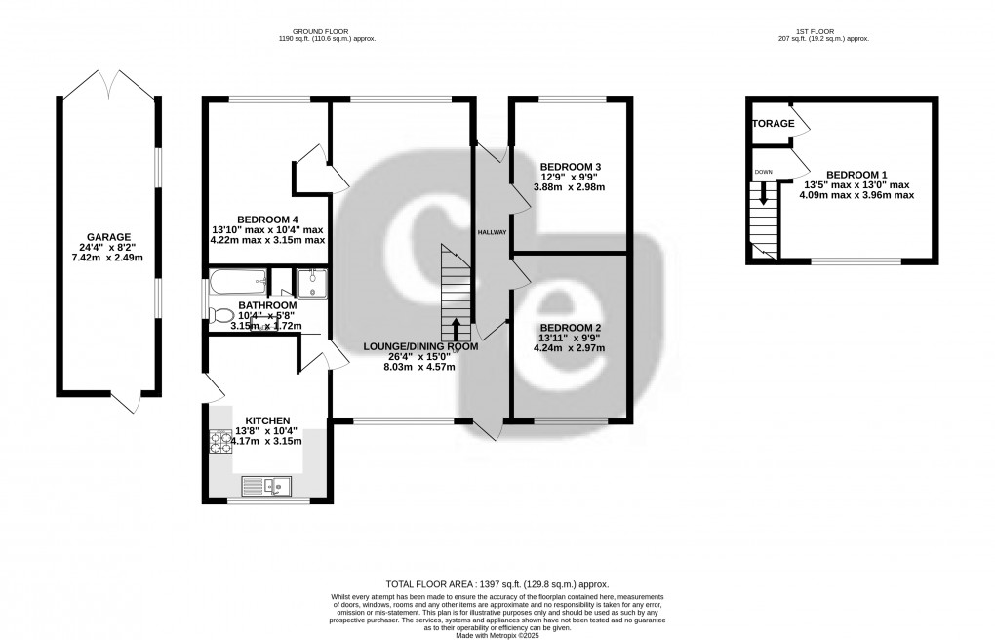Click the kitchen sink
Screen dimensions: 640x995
coord(266,484)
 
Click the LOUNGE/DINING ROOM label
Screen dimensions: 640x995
coord(421,346)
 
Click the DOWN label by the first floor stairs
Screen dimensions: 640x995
coord(763,172)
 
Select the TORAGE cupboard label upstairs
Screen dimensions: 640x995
coord(773,124)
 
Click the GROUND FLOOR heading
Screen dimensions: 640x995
coord(328,32)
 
